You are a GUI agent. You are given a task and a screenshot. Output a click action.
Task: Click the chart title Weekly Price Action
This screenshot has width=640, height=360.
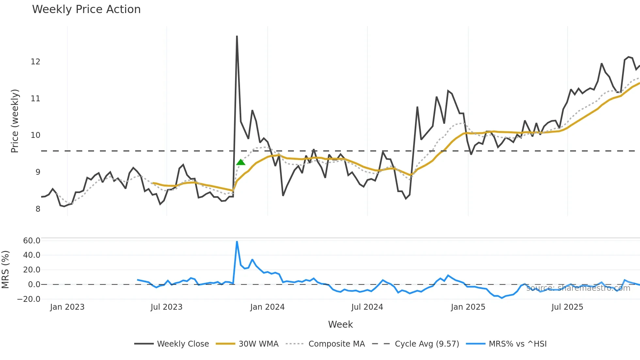point(86,9)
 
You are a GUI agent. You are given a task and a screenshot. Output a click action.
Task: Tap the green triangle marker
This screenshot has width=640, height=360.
point(241,162)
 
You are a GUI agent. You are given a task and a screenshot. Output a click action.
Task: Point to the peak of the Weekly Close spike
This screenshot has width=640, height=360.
point(237,36)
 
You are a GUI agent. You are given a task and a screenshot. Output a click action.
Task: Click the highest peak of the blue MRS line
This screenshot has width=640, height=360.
point(237,241)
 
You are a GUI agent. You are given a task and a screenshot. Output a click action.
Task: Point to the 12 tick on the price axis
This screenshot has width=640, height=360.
point(35,61)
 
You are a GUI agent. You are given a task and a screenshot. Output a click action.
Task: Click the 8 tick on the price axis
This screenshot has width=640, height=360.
point(38,209)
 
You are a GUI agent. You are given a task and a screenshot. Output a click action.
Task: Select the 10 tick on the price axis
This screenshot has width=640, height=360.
point(35,135)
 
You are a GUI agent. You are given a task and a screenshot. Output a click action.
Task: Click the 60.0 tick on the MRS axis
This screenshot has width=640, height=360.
point(32,240)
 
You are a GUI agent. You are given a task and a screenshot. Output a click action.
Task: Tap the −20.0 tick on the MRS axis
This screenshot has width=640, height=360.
point(29,299)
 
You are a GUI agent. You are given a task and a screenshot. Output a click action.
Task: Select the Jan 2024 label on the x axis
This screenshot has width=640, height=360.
point(267,307)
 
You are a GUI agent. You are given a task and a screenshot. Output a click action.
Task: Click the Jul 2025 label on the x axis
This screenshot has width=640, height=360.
point(567,307)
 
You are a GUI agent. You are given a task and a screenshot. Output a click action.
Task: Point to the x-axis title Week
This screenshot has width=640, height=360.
point(340,324)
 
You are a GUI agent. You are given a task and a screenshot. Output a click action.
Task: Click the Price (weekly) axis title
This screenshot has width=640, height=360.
point(15,121)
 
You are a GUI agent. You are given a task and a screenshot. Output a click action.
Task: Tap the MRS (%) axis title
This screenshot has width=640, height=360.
point(5,270)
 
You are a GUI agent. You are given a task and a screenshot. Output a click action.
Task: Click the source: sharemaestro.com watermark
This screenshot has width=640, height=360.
point(578,288)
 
